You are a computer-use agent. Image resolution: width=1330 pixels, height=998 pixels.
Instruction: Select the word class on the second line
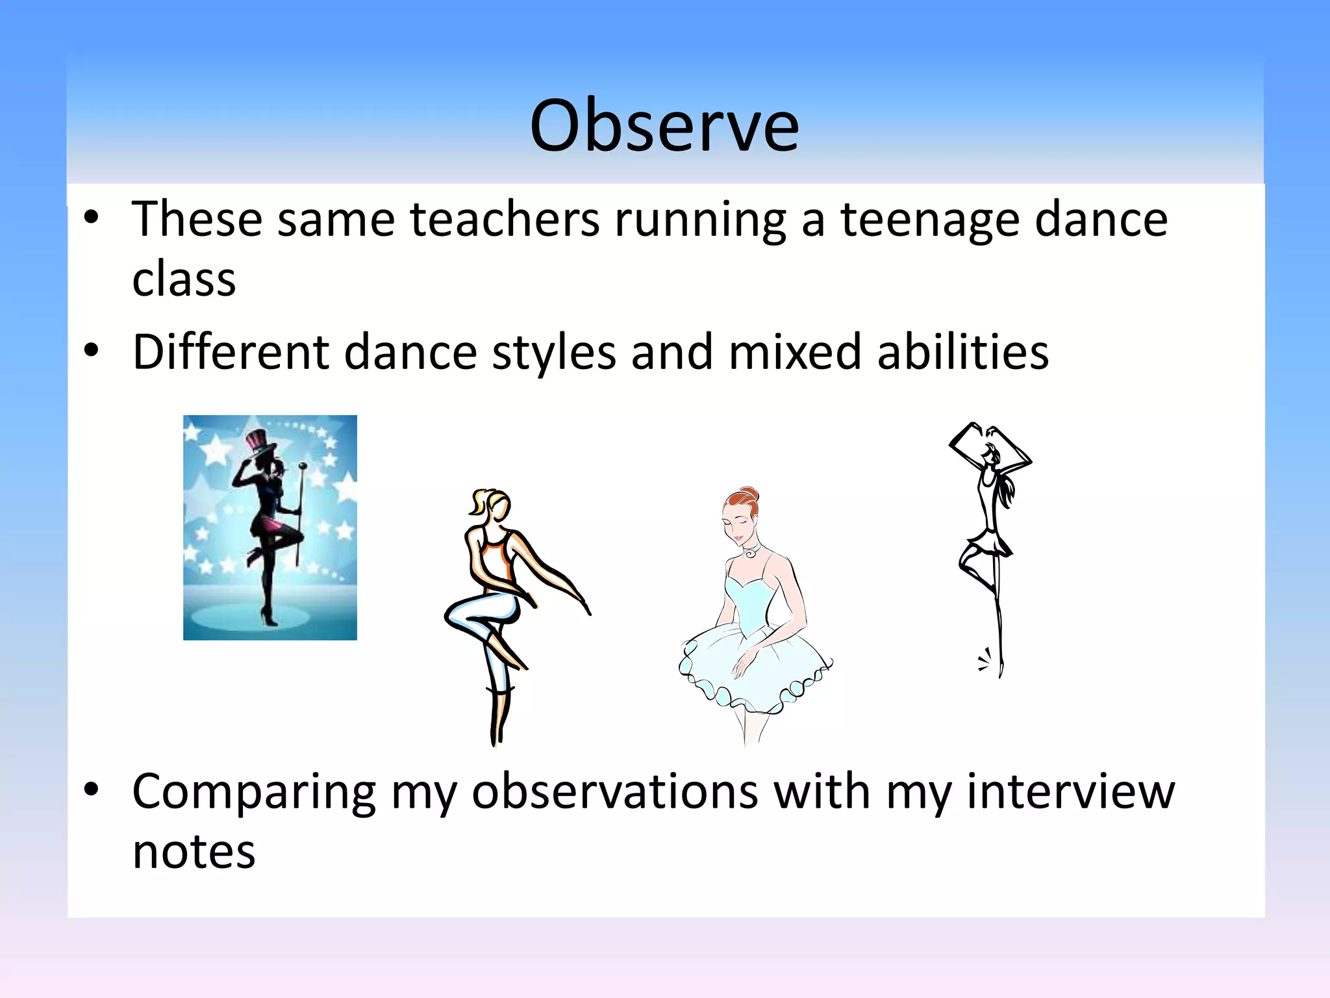[x=184, y=280]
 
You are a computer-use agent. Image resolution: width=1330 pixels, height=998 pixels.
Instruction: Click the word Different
[x=231, y=352]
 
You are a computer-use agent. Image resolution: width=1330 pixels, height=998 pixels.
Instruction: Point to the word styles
[x=554, y=352]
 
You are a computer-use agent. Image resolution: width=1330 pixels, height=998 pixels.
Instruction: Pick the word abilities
[x=962, y=352]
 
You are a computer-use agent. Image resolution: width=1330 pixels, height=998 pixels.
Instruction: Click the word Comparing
[x=254, y=792]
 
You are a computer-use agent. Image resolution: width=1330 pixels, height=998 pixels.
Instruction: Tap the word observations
[x=615, y=792]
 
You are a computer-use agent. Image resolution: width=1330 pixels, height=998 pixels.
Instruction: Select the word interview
[x=1071, y=792]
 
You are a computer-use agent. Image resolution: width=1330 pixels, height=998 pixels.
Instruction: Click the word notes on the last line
[x=194, y=852]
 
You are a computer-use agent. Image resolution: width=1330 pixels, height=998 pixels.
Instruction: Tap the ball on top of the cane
[x=303, y=466]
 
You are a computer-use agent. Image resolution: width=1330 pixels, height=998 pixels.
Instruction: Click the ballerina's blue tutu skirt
[x=753, y=669]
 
